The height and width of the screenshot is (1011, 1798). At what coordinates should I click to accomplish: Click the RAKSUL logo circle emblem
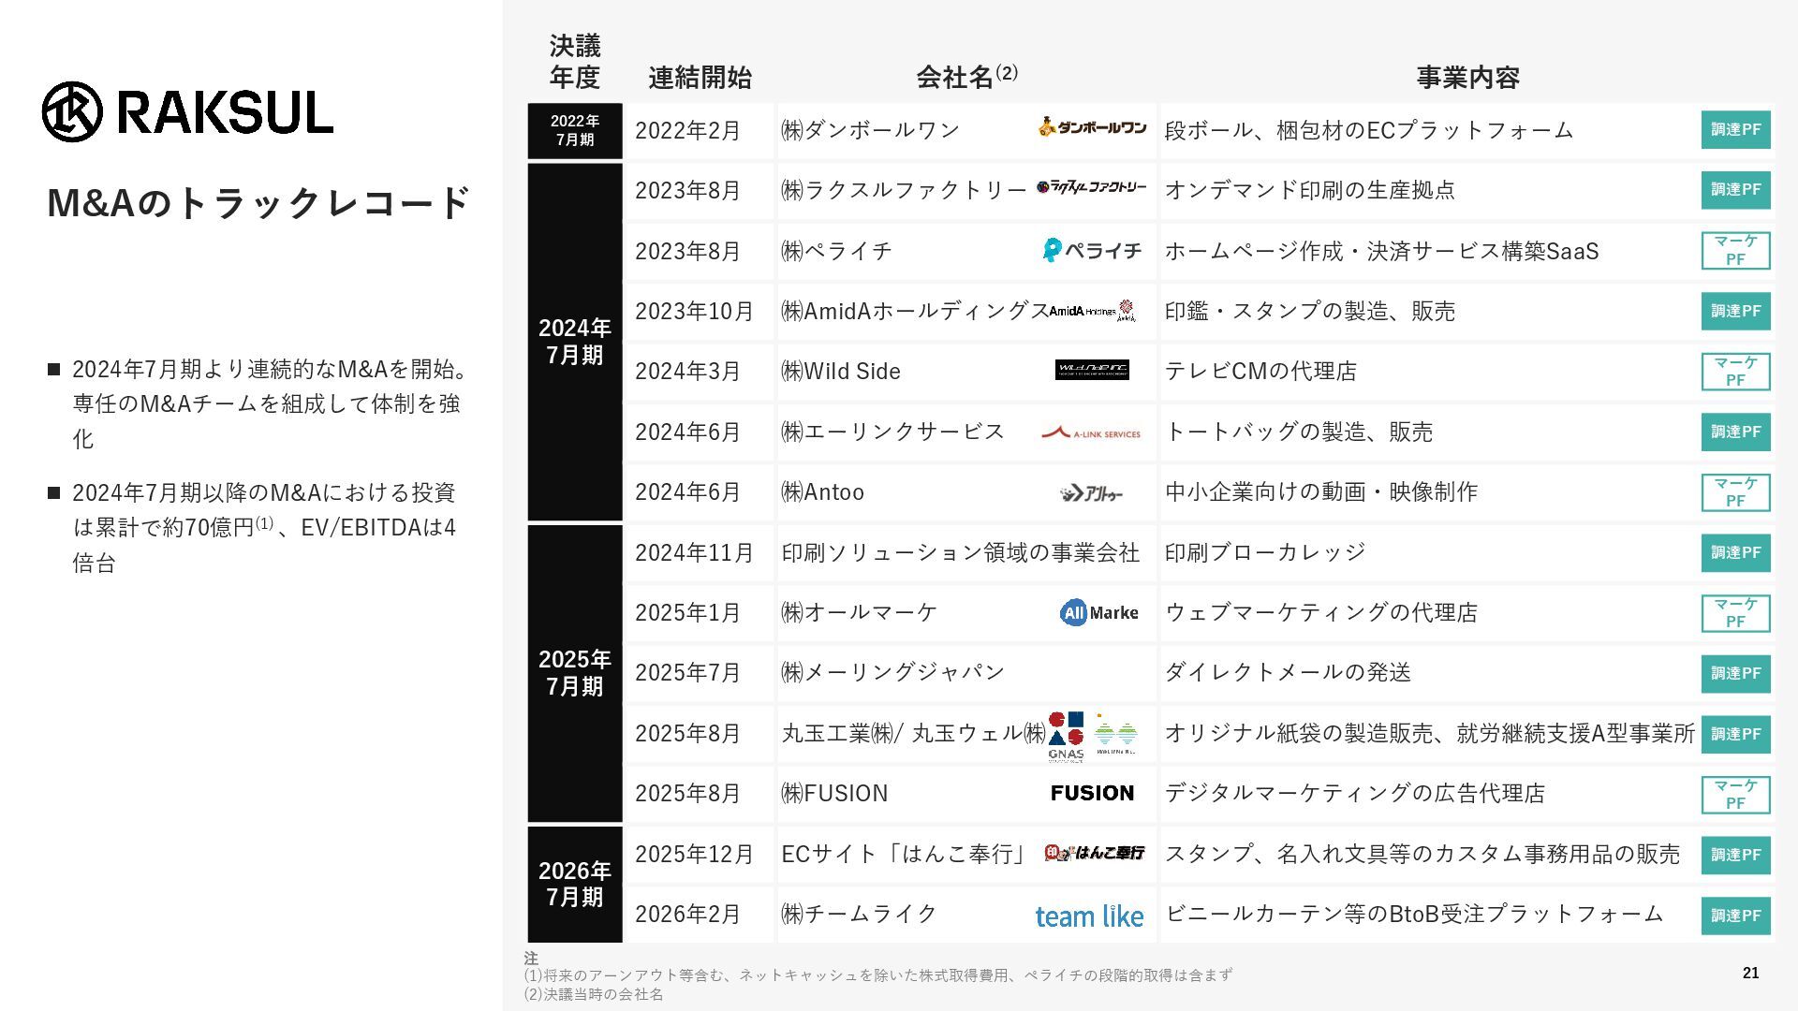click(x=72, y=112)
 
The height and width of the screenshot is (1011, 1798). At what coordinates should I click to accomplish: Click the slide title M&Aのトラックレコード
click(x=258, y=203)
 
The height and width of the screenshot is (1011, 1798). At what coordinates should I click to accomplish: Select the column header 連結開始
click(x=700, y=78)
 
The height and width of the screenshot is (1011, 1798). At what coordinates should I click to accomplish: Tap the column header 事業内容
click(x=1467, y=78)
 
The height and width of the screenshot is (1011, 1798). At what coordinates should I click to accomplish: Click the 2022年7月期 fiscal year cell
click(x=574, y=130)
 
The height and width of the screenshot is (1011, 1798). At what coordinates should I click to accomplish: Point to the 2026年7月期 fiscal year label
click(x=574, y=884)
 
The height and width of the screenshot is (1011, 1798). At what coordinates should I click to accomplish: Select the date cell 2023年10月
click(x=694, y=311)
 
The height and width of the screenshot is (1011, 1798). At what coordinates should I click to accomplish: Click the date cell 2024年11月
click(x=694, y=552)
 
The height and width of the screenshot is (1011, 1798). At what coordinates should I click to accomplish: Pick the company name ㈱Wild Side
click(x=841, y=372)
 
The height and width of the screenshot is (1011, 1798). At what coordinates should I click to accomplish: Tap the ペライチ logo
click(x=1092, y=250)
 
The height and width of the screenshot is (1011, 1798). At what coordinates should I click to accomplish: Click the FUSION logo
click(x=1092, y=793)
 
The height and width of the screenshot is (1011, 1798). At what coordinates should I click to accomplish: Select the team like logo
click(x=1089, y=916)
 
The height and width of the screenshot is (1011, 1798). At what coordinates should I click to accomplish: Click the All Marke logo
click(x=1098, y=612)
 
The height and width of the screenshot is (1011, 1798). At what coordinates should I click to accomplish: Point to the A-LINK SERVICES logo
click(x=1091, y=432)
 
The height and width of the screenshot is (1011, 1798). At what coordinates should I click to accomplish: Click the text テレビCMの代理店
click(x=1260, y=372)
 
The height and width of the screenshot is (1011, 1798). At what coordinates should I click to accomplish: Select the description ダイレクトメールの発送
click(x=1288, y=672)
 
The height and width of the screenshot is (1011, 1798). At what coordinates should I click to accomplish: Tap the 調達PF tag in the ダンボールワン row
click(x=1735, y=130)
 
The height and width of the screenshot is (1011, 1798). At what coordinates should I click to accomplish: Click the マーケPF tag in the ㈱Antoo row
click(x=1735, y=492)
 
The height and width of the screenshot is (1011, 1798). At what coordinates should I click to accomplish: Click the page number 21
click(x=1750, y=973)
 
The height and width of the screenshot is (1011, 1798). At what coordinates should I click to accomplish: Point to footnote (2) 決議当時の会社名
click(x=594, y=994)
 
